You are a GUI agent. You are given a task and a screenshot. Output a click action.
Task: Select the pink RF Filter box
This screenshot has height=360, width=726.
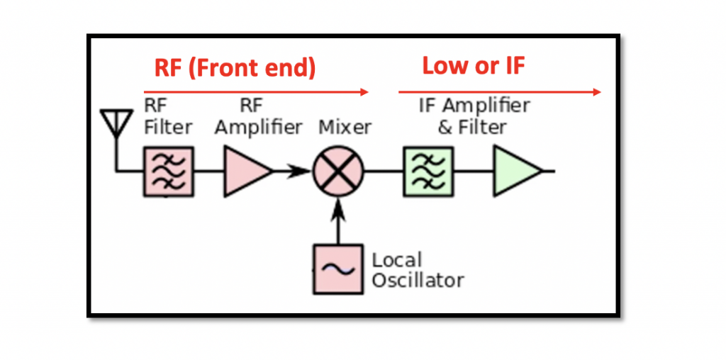point(169,171)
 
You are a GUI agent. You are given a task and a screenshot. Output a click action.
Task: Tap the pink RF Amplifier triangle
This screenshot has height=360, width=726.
point(245,171)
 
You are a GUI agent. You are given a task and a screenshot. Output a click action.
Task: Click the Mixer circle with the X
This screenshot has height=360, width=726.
point(338,171)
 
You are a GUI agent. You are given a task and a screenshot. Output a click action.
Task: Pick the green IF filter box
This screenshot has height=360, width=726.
point(428,171)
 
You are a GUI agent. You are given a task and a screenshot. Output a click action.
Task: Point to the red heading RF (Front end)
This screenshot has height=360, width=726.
point(235,68)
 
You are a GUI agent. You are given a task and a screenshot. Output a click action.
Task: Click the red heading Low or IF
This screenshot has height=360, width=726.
point(474,66)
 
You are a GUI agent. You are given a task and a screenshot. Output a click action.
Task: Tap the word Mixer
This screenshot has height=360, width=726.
point(345,128)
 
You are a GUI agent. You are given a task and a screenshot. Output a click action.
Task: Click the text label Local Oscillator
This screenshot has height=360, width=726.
point(418,270)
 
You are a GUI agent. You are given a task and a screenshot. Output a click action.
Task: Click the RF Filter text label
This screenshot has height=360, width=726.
point(168,117)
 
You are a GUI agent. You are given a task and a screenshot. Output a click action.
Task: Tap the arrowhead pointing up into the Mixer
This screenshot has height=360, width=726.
point(338,205)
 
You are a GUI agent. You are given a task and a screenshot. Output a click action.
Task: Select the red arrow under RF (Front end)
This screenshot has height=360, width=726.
point(256,91)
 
